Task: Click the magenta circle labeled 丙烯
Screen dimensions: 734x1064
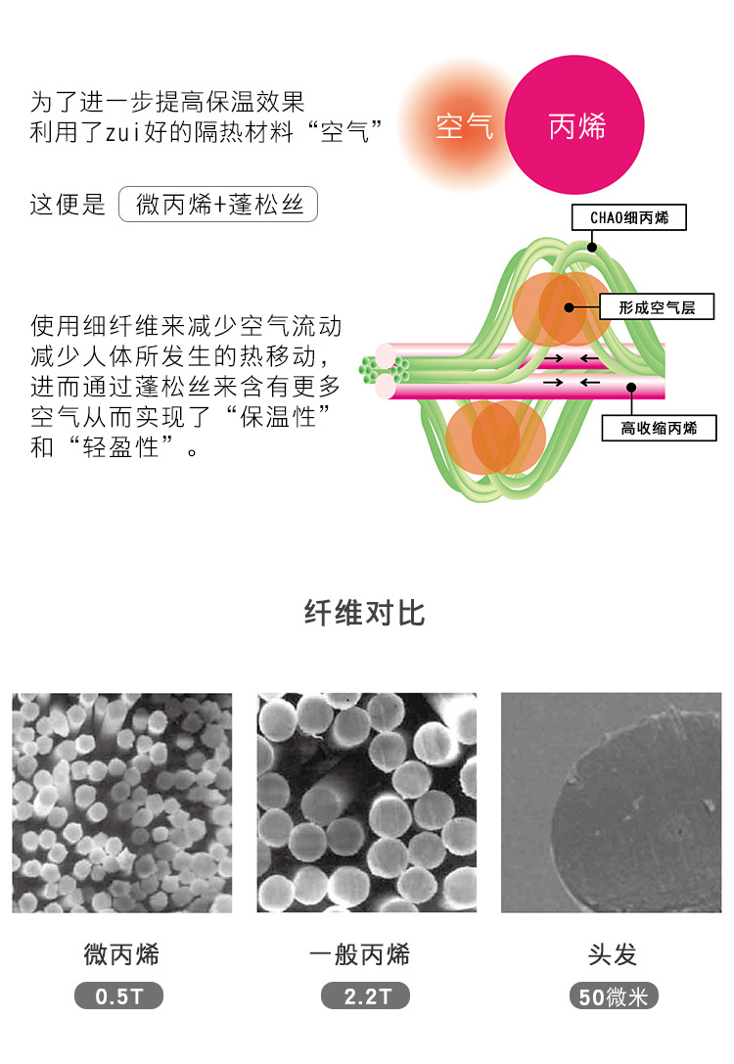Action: pos(576,126)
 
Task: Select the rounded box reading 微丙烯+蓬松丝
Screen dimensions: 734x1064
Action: pos(218,205)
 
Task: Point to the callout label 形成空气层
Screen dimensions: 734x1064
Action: pos(657,306)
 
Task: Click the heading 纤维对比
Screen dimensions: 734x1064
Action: pos(365,614)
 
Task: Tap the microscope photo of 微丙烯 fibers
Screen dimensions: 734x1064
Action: pos(122,803)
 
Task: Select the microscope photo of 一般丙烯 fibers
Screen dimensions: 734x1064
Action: pos(366,803)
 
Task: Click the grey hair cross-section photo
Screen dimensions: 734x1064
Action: pos(611,803)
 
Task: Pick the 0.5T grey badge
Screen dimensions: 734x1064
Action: pos(118,997)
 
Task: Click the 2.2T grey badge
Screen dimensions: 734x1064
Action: pos(365,997)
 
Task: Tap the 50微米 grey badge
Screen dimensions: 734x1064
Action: pos(614,997)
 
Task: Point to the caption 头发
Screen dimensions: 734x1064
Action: pos(613,954)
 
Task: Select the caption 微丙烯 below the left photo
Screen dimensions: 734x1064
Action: pos(121,954)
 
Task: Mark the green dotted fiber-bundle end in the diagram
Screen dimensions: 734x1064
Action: pos(370,369)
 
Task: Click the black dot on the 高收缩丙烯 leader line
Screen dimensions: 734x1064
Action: pos(632,387)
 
